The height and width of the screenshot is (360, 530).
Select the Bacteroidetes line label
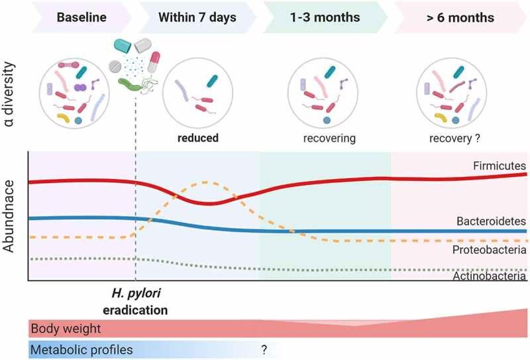pyautogui.click(x=491, y=221)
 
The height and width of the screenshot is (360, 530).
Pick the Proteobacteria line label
pyautogui.click(x=490, y=250)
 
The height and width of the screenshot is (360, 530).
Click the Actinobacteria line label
pyautogui.click(x=490, y=276)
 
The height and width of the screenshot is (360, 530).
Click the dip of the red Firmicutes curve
pyautogui.click(x=211, y=202)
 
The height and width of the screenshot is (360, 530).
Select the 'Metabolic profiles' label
pyautogui.click(x=81, y=349)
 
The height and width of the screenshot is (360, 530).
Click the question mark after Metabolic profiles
pyautogui.click(x=264, y=349)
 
